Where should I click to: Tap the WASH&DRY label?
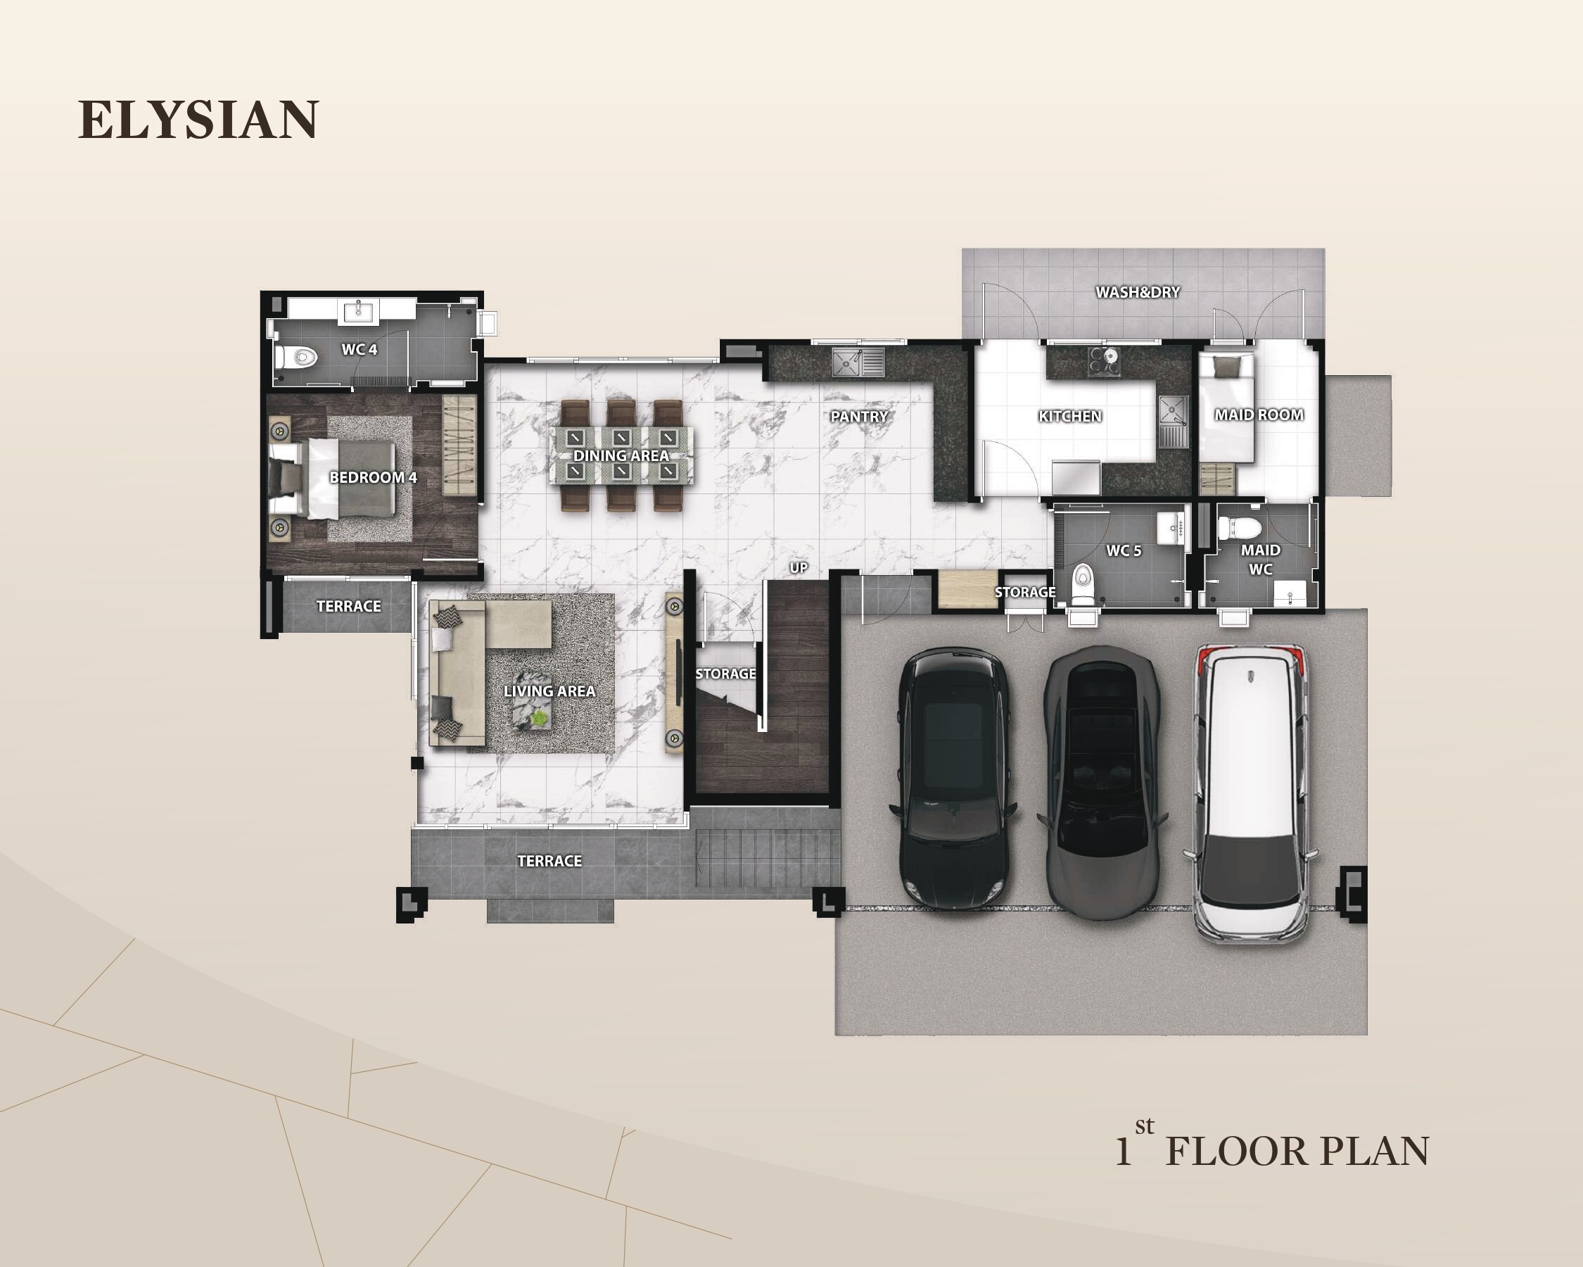pyautogui.click(x=1138, y=292)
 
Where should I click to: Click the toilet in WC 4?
pyautogui.click(x=295, y=358)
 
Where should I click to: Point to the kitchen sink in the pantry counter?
pyautogui.click(x=858, y=362)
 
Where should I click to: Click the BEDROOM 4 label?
pyautogui.click(x=373, y=477)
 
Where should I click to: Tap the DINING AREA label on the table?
pyautogui.click(x=621, y=455)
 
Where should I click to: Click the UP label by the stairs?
pyautogui.click(x=798, y=568)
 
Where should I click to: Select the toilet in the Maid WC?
pyautogui.click(x=1240, y=527)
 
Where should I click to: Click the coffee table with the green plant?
pyautogui.click(x=533, y=712)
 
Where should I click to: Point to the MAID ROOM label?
pyautogui.click(x=1259, y=415)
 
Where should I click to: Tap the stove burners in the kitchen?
pyautogui.click(x=1105, y=358)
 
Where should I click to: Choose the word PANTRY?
pyautogui.click(x=859, y=417)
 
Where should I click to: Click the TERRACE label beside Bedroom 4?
pyautogui.click(x=349, y=606)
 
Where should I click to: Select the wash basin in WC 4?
pyautogui.click(x=357, y=312)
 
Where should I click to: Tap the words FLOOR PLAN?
pyautogui.click(x=1297, y=1152)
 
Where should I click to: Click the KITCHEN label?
pyautogui.click(x=1070, y=417)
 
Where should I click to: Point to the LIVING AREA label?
pyautogui.click(x=549, y=691)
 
